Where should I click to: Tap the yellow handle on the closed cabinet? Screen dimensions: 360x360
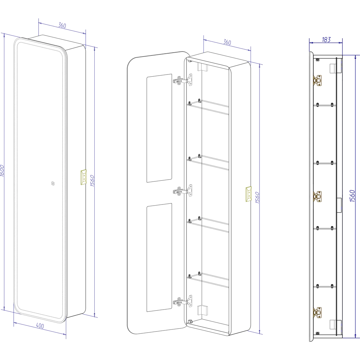point(83,177)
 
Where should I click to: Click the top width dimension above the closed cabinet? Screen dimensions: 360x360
point(62,26)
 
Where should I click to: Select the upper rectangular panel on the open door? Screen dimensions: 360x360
point(159,128)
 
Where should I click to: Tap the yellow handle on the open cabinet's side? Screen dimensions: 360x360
point(248,195)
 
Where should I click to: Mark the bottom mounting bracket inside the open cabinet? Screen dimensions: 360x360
point(202,310)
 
